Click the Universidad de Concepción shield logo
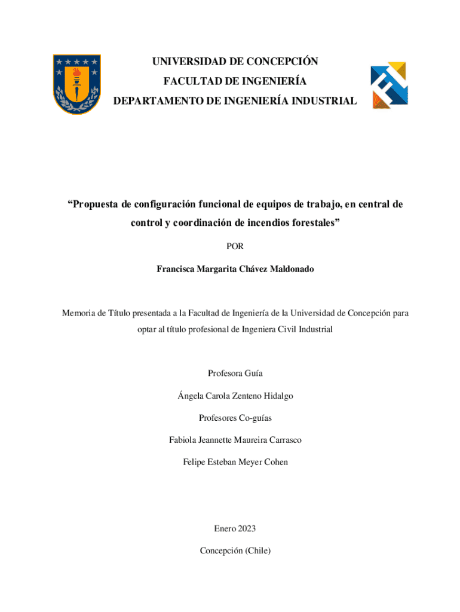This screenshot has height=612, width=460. [x=76, y=84]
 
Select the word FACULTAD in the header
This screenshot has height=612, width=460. [x=185, y=81]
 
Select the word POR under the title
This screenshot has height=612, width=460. [x=235, y=246]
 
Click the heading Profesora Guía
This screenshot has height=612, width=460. [x=235, y=374]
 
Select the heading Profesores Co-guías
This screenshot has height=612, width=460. [x=235, y=418]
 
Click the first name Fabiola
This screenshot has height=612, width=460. [x=185, y=440]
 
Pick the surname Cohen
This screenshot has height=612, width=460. [x=275, y=462]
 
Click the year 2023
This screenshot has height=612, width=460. [x=246, y=528]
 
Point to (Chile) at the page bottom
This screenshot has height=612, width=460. [x=256, y=550]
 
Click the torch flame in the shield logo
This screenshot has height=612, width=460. [x=76, y=72]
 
